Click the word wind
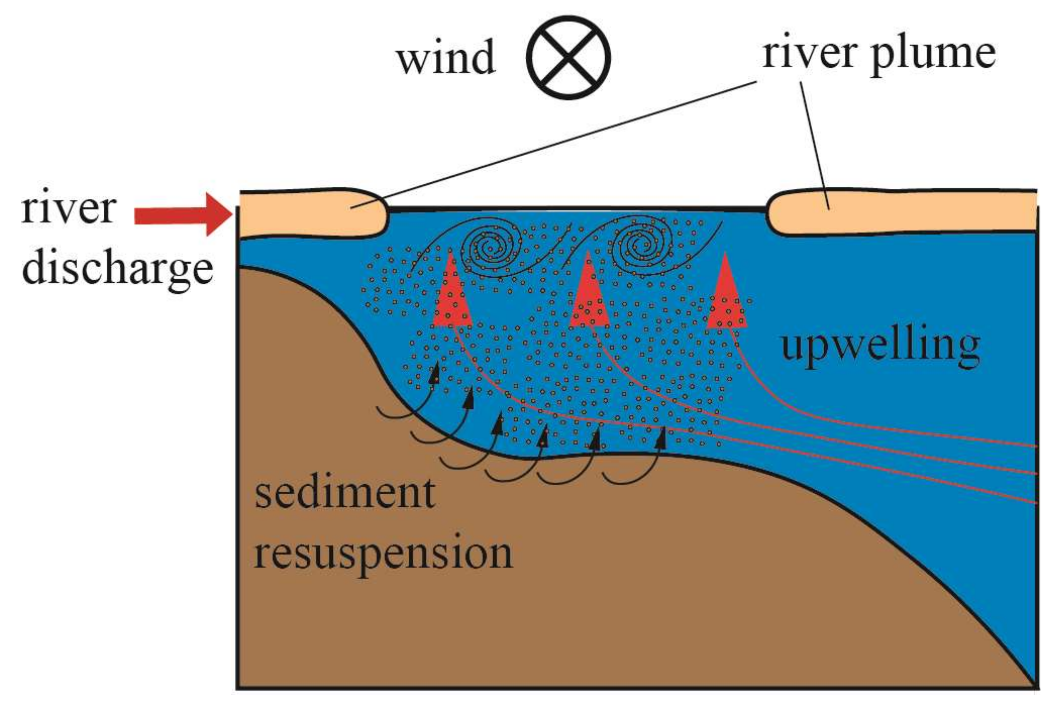click(446, 57)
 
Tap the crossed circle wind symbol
click(569, 57)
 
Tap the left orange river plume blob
click(312, 213)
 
